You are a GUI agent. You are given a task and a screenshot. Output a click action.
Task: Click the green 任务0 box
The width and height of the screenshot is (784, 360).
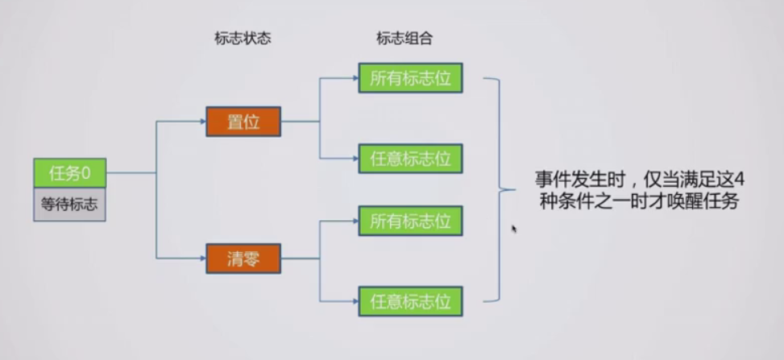pyautogui.click(x=69, y=173)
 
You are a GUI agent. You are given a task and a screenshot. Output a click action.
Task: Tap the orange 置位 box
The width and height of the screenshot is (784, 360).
pyautogui.click(x=243, y=122)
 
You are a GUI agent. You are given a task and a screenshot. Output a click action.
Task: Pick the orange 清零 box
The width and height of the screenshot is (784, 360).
pyautogui.click(x=243, y=259)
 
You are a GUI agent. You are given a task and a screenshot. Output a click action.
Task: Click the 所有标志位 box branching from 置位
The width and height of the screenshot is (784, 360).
pyautogui.click(x=410, y=79)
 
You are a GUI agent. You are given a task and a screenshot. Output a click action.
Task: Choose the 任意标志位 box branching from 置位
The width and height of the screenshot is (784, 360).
pyautogui.click(x=410, y=158)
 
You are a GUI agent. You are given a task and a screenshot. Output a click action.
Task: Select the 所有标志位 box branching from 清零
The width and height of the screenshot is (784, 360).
pyautogui.click(x=410, y=221)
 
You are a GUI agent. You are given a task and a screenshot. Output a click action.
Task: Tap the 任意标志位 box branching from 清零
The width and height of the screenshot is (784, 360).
pyautogui.click(x=410, y=300)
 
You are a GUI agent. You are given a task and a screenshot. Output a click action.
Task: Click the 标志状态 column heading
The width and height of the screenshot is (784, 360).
pyautogui.click(x=243, y=38)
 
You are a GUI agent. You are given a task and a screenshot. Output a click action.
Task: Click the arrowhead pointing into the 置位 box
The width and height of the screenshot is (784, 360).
pyautogui.click(x=201, y=122)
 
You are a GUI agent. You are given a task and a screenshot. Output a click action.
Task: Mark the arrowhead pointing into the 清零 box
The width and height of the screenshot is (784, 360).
pyautogui.click(x=201, y=259)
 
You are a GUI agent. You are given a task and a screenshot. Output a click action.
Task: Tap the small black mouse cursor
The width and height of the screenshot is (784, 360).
pyautogui.click(x=514, y=230)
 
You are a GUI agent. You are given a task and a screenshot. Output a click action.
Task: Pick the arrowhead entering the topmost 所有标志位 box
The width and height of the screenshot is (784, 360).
pyautogui.click(x=355, y=79)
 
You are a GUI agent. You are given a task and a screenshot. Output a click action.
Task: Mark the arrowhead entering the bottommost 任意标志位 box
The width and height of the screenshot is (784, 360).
pyautogui.click(x=355, y=300)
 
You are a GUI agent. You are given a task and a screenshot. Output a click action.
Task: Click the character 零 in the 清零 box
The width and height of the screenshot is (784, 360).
pyautogui.click(x=251, y=259)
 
